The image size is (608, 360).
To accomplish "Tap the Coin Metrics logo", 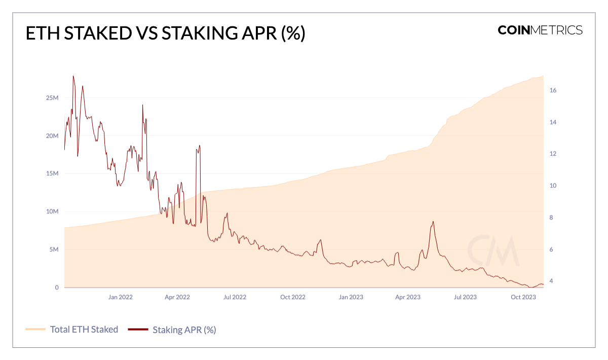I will click(x=540, y=30).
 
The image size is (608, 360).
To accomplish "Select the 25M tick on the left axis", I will click(x=53, y=98).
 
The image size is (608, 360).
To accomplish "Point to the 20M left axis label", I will click(x=53, y=136).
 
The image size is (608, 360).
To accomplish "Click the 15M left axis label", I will click(x=53, y=173).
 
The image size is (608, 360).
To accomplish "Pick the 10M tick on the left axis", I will click(x=53, y=211).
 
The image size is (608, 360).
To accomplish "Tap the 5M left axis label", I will click(x=54, y=249).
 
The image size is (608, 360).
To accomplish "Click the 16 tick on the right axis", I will click(x=553, y=90).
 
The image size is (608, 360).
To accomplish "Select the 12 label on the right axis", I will click(x=553, y=154).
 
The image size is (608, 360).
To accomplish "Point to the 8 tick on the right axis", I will click(x=552, y=218).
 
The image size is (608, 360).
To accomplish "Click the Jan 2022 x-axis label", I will click(x=120, y=297).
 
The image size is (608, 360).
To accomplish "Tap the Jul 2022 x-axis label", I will click(x=235, y=297).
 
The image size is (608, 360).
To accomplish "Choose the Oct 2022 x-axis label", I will click(x=293, y=297).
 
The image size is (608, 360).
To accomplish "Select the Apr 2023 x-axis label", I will click(x=408, y=297).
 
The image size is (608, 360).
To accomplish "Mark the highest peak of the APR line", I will click(x=73, y=76).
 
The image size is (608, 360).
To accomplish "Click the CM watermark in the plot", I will click(x=493, y=251).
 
